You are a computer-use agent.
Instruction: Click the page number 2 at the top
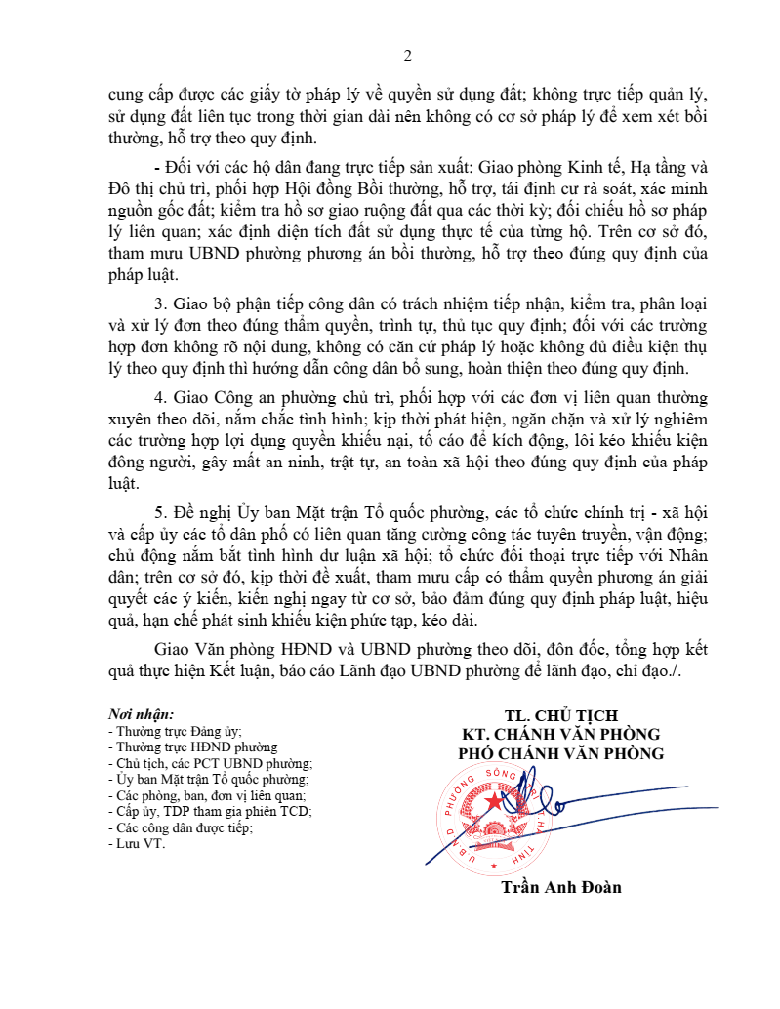point(408,55)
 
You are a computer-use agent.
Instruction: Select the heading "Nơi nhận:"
point(142,713)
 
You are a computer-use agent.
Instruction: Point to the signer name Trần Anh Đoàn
point(560,887)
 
